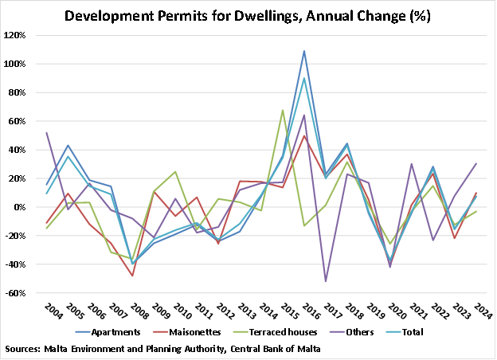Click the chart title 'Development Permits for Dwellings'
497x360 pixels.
click(x=248, y=15)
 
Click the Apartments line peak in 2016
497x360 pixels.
click(x=304, y=51)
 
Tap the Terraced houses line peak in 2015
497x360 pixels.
click(x=283, y=110)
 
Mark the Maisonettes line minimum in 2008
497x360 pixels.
click(x=132, y=276)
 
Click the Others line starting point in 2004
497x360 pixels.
click(x=47, y=133)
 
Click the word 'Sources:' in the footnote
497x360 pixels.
click(x=24, y=349)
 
